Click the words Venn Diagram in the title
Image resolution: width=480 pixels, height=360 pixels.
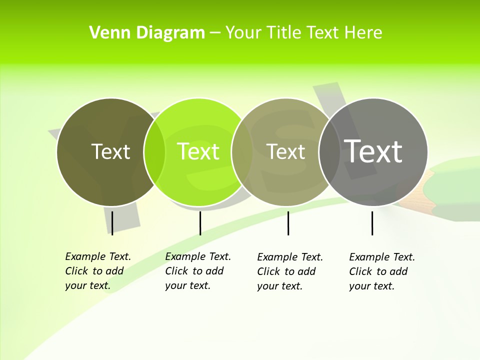147,33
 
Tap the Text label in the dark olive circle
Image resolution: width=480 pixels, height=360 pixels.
110,151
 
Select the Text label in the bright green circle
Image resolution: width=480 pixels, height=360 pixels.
198,151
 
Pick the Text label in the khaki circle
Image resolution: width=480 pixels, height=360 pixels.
285,151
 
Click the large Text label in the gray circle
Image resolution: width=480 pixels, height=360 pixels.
373,151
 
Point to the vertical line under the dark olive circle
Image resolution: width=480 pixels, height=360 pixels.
112,223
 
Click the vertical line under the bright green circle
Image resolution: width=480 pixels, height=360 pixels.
200,223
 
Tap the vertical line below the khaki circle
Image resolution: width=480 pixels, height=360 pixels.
288,223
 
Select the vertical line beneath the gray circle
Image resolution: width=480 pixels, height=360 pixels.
372,223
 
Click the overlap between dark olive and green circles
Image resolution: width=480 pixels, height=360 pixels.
154,152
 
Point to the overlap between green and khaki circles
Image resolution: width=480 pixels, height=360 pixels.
242,152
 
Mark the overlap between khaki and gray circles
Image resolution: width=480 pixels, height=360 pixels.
329,152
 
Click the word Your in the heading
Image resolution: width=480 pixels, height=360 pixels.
243,33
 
